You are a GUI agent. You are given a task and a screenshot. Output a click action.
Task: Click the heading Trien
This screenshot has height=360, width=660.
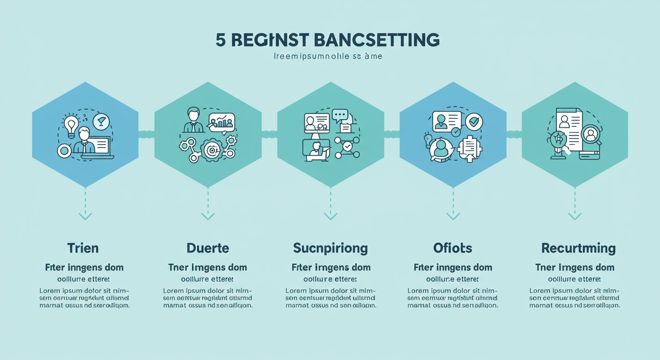(83, 248)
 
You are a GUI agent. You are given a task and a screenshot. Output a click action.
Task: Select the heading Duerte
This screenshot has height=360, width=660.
(207, 248)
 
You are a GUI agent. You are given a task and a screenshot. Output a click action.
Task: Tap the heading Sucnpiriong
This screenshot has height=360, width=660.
(330, 248)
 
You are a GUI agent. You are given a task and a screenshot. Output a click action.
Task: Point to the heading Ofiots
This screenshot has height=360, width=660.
(453, 248)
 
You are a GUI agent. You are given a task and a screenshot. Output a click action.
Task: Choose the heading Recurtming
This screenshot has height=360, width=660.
(575, 248)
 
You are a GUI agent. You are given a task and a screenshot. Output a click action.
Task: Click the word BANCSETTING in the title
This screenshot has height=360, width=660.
(378, 40)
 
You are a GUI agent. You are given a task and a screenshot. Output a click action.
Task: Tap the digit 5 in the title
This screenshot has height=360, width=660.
(220, 40)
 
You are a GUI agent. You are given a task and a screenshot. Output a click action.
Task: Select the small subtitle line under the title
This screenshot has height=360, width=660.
(328, 57)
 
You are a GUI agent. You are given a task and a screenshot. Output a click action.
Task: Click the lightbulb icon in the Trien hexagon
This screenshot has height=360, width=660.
(71, 125)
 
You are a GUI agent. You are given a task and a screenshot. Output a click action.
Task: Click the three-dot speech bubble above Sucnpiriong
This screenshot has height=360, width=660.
(340, 114)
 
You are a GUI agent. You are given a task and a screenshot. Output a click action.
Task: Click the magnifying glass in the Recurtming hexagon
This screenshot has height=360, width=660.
(591, 135)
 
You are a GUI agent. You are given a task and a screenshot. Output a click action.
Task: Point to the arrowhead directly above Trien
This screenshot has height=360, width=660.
(85, 216)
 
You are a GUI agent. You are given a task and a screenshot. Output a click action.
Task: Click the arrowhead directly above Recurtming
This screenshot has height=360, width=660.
(575, 216)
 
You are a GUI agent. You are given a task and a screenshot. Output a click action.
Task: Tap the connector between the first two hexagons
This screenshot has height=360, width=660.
(146, 135)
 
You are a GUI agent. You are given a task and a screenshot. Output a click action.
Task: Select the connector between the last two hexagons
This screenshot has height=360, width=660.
(514, 135)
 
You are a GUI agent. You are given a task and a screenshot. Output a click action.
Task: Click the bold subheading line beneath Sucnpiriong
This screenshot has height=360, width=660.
(331, 268)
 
